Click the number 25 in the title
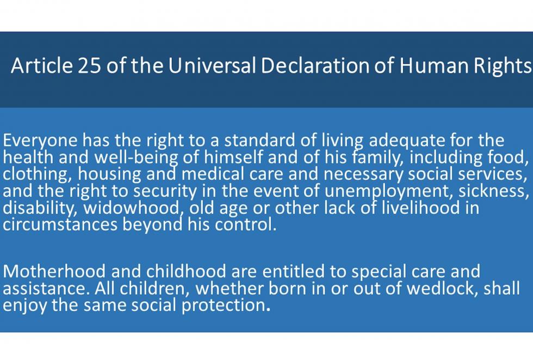pyautogui.click(x=90, y=65)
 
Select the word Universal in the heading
pyautogui.click(x=212, y=65)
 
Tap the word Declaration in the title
pyautogui.click(x=315, y=65)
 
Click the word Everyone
pyautogui.click(x=40, y=141)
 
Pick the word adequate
pyautogui.click(x=407, y=141)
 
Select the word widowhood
pyautogui.click(x=131, y=208)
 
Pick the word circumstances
pyautogui.click(x=60, y=225)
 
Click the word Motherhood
pyautogui.click(x=54, y=271)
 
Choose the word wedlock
pyautogui.click(x=442, y=288)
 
